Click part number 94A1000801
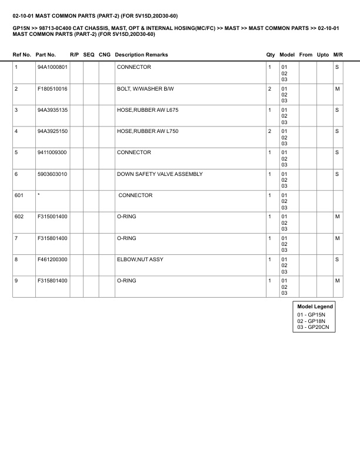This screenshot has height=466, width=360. [x=52, y=67]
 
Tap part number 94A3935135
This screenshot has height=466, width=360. [x=52, y=110]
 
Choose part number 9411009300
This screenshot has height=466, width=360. [x=52, y=152]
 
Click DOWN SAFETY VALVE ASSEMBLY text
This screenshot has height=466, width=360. [x=159, y=174]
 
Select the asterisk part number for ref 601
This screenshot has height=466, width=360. [x=38, y=195]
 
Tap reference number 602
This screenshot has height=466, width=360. [x=19, y=217]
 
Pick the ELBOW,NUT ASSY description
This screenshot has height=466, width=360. [x=140, y=259]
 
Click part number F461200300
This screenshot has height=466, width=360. [x=52, y=259]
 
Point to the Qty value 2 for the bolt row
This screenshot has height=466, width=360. [x=269, y=88]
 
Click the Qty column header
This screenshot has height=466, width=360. [x=271, y=55]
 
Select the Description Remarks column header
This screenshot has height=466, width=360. [x=141, y=55]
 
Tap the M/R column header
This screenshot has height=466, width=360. [x=338, y=55]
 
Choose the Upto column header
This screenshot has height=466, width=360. [x=323, y=55]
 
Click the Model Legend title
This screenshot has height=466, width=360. [x=315, y=307]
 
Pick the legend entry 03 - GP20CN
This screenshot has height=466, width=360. [x=313, y=328]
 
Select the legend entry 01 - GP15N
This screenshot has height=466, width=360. [x=311, y=315]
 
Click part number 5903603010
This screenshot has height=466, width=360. [x=52, y=174]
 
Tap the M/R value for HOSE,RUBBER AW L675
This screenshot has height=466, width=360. [x=337, y=110]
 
